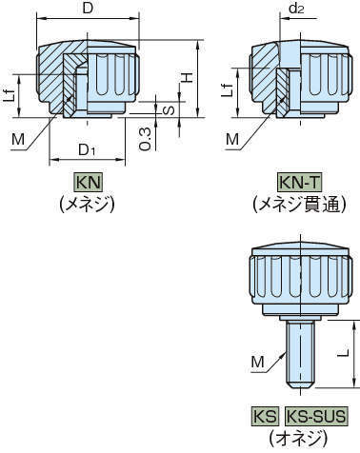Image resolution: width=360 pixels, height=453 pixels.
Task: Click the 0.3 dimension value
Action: click(x=144, y=139)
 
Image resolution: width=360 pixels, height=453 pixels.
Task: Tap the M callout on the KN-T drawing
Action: click(x=232, y=139)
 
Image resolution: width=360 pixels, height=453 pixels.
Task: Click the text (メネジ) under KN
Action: click(x=87, y=203)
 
